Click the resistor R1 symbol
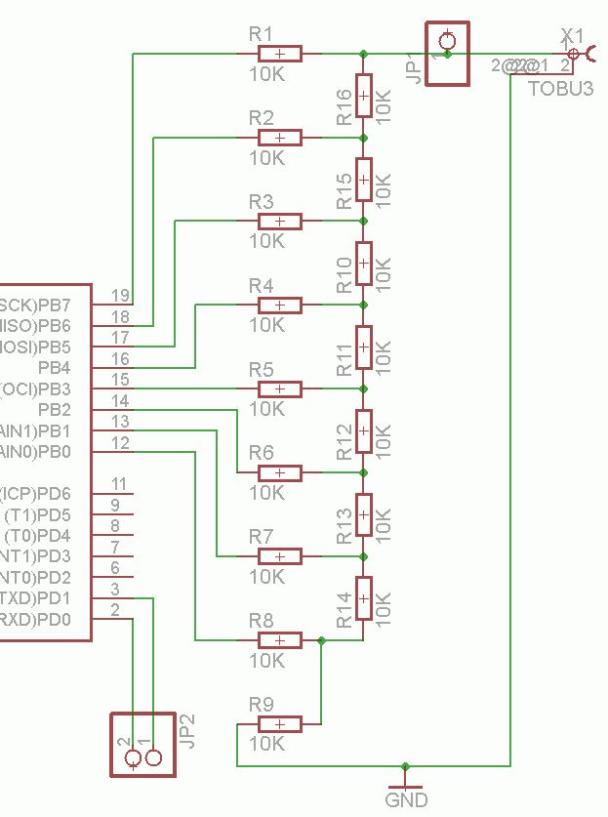click(280, 54)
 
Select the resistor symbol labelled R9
click(280, 723)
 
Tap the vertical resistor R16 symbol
click(363, 96)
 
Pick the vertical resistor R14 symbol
click(363, 598)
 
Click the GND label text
click(406, 800)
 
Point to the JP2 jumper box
click(142, 745)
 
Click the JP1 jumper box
click(447, 53)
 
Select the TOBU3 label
click(561, 89)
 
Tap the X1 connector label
click(572, 36)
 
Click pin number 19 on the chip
click(120, 295)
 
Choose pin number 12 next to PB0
click(120, 443)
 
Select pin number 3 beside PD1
click(115, 589)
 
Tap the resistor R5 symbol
click(280, 388)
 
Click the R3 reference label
click(262, 202)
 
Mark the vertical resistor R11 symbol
click(363, 347)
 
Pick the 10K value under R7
click(266, 576)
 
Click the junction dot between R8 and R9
click(321, 640)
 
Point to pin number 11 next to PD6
click(120, 484)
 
